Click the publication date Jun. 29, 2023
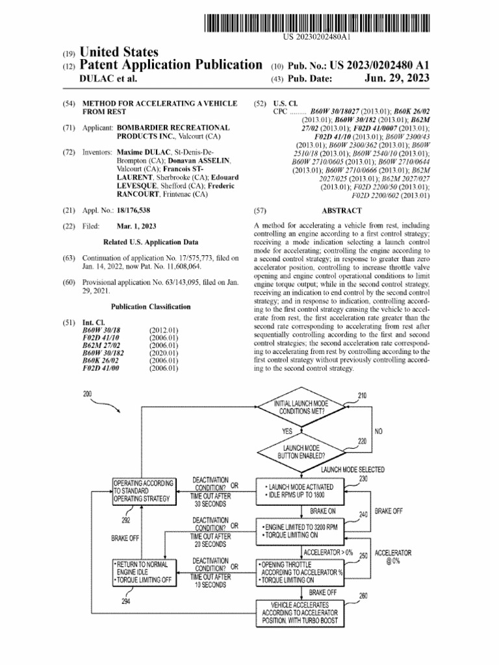click(x=397, y=79)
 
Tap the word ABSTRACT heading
click(x=341, y=210)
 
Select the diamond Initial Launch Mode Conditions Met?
click(x=302, y=407)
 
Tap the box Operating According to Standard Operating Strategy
click(x=144, y=492)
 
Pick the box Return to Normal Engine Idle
click(x=144, y=571)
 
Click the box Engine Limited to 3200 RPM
click(x=301, y=531)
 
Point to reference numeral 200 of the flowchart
click(x=88, y=394)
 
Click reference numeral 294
click(x=126, y=601)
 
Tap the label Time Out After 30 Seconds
click(x=210, y=500)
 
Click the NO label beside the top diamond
click(x=378, y=431)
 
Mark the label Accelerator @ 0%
click(x=393, y=557)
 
